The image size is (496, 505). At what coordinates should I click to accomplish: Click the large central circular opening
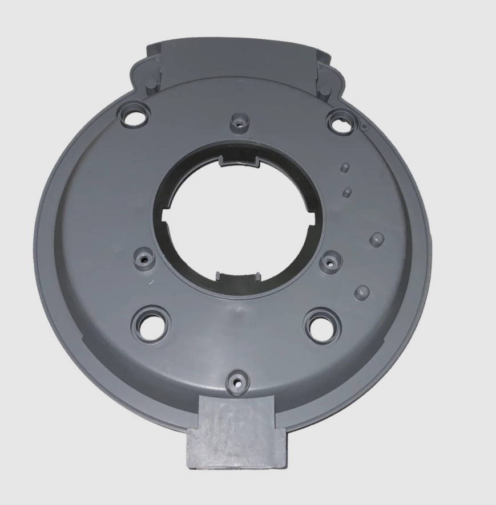pyautogui.click(x=240, y=220)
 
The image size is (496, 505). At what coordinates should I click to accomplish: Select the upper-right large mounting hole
pyautogui.click(x=341, y=122)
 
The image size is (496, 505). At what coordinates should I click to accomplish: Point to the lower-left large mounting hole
pyautogui.click(x=151, y=324)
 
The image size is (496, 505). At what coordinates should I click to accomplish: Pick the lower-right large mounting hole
pyautogui.click(x=322, y=325)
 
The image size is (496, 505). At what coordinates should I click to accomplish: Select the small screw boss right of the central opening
pyautogui.click(x=329, y=262)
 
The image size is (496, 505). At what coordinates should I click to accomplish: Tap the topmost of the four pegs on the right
pyautogui.click(x=345, y=167)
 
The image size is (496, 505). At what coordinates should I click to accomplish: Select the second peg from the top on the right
pyautogui.click(x=346, y=193)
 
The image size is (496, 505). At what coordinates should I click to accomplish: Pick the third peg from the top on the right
pyautogui.click(x=377, y=239)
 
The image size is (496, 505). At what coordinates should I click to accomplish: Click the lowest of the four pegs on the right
pyautogui.click(x=362, y=292)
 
